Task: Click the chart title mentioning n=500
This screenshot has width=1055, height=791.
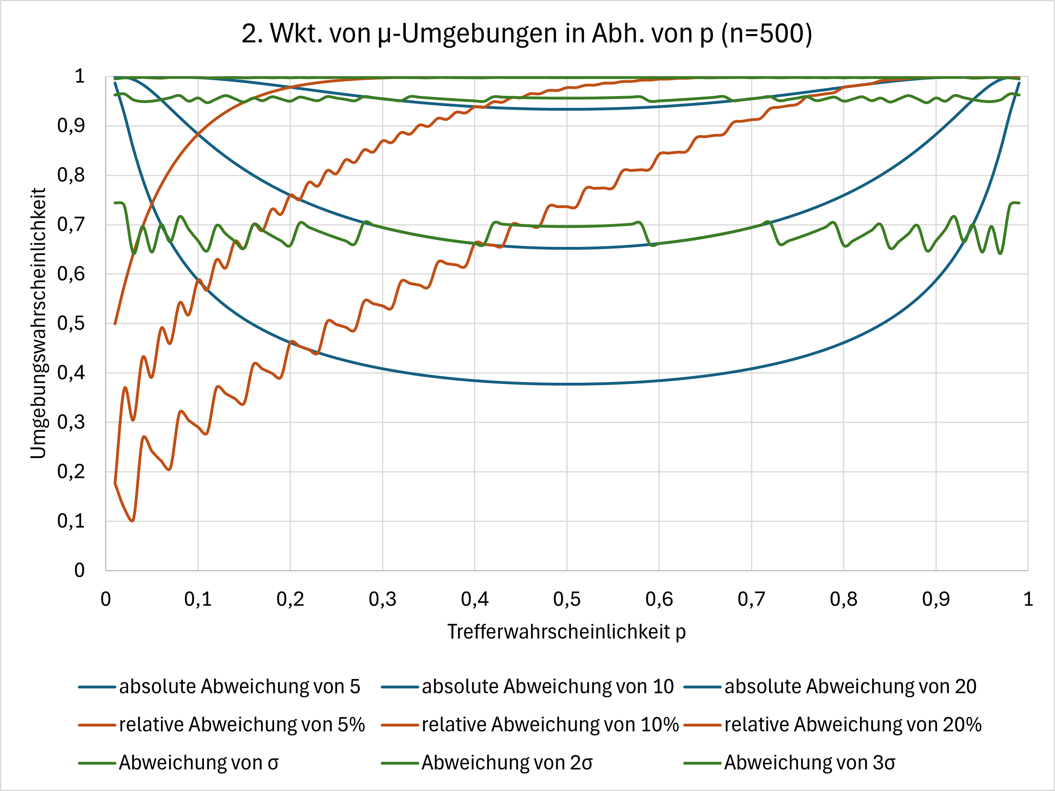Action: (527, 34)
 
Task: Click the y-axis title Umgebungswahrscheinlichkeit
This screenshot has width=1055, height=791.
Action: (38, 323)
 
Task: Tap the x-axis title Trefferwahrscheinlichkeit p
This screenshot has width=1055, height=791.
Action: (566, 632)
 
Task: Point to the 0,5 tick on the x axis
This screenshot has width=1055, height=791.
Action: (566, 599)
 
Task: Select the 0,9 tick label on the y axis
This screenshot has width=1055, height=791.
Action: (71, 126)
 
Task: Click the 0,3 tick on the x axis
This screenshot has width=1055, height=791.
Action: (382, 599)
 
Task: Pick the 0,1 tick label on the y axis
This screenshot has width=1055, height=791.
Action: (71, 521)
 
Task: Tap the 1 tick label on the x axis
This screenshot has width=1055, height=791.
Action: (1028, 599)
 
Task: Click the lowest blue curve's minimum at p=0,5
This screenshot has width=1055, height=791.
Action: (566, 384)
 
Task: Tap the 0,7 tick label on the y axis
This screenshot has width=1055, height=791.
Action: (71, 225)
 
